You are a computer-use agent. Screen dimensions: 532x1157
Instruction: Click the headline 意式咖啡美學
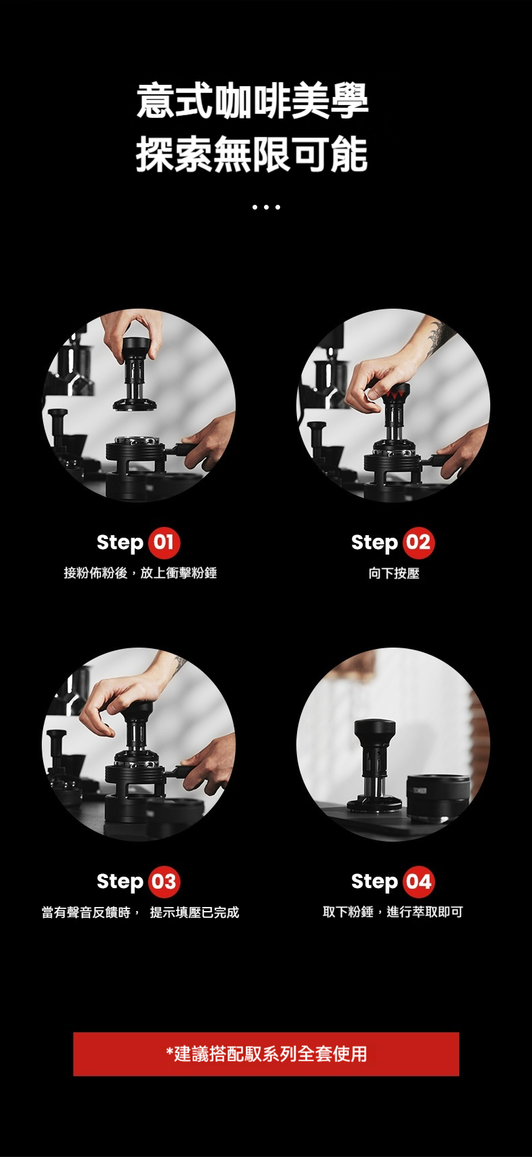pos(253,102)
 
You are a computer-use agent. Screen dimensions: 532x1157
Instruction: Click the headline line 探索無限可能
pos(253,154)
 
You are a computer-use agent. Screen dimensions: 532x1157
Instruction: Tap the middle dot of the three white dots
pos(266,207)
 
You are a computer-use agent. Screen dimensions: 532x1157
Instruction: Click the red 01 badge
pos(164,542)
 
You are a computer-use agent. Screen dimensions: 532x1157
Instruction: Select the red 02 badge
pos(418,542)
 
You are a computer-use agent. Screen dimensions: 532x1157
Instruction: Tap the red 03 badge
pos(164,881)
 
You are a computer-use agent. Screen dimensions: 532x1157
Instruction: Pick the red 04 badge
pos(418,881)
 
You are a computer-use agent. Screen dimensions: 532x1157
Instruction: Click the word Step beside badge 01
pos(120,543)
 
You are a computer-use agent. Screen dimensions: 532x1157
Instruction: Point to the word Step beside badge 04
pos(374,882)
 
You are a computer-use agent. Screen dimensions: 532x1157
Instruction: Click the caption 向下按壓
pos(394,573)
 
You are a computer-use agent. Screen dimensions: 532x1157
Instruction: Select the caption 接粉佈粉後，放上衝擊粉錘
pos(140,573)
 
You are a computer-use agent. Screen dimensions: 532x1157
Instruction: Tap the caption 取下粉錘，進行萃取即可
pos(393,912)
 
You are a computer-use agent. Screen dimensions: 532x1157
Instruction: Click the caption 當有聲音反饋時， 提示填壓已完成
pos(140,912)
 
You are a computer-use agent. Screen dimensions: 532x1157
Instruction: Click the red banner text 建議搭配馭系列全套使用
pos(267,1054)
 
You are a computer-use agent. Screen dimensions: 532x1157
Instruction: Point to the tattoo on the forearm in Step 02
pos(436,337)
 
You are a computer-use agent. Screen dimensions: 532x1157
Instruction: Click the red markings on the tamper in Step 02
pos(396,391)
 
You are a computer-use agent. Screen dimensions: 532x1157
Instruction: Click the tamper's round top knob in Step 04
pos(375,732)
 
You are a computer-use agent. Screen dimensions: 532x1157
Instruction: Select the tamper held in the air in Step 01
pos(135,374)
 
